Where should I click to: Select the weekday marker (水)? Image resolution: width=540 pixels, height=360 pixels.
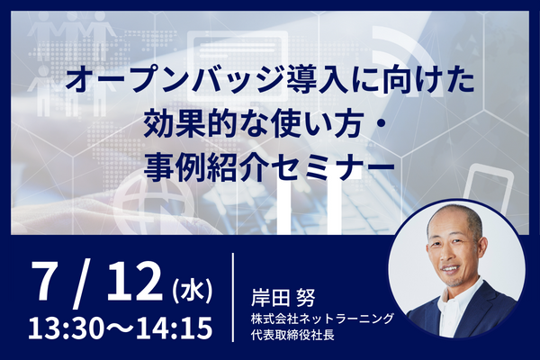191,291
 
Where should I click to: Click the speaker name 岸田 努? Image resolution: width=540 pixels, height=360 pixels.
283,298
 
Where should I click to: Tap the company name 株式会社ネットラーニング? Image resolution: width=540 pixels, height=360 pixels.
322,319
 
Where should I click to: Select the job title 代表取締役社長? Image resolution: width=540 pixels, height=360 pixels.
292,335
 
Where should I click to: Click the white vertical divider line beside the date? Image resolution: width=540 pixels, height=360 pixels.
233,297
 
